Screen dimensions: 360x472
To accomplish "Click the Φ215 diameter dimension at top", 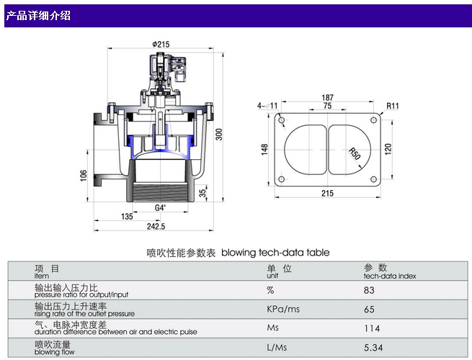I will [x=161, y=45].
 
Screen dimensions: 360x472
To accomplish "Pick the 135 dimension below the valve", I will [x=127, y=216].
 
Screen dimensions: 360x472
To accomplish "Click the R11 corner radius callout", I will [x=393, y=106].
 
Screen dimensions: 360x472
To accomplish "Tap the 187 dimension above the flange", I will [x=328, y=97].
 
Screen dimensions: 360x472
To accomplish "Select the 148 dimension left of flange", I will [x=265, y=149].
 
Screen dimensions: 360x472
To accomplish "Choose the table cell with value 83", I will [x=370, y=290].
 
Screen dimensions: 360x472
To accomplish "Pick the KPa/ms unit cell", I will [x=282, y=310].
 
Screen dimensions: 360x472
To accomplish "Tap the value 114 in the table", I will [x=372, y=329].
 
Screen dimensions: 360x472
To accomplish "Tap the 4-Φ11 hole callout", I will [x=268, y=106].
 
